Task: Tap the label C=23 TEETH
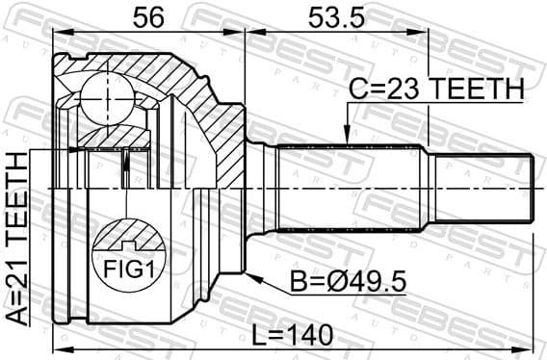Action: (436, 89)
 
